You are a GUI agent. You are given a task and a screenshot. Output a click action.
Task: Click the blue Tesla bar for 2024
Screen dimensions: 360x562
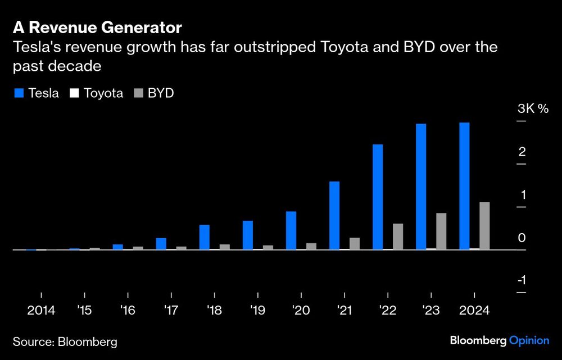point(464,186)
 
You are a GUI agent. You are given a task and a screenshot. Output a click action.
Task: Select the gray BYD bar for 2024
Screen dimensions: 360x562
point(484,226)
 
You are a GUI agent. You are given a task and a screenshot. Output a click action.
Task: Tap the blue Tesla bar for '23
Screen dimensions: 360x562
point(421,186)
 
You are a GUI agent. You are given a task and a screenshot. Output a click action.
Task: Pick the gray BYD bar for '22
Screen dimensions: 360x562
point(398,236)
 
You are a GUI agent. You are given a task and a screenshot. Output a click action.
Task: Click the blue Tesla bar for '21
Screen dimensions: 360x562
point(334,215)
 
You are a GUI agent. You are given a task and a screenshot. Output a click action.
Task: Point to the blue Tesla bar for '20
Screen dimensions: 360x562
point(291,230)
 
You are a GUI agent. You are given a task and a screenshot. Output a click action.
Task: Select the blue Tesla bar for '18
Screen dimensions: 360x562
point(205,237)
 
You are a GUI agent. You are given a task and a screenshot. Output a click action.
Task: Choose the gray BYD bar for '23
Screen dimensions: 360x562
point(441,231)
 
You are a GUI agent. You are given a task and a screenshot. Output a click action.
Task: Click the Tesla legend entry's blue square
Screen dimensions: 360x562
point(18,93)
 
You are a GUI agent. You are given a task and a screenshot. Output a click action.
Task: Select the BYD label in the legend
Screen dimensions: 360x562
point(160,93)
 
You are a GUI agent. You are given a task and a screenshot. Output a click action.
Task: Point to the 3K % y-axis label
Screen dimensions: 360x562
point(532,109)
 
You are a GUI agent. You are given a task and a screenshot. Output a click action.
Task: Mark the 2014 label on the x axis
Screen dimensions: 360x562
point(42,311)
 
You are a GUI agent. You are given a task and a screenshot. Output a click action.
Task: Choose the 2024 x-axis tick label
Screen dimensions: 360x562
point(474,311)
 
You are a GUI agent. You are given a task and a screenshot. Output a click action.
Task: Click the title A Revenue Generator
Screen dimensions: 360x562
point(97,27)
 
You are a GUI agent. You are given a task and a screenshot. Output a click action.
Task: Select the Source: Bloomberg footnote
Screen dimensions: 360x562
point(65,341)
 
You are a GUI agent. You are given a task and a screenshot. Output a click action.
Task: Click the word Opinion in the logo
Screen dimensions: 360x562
point(529,340)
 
